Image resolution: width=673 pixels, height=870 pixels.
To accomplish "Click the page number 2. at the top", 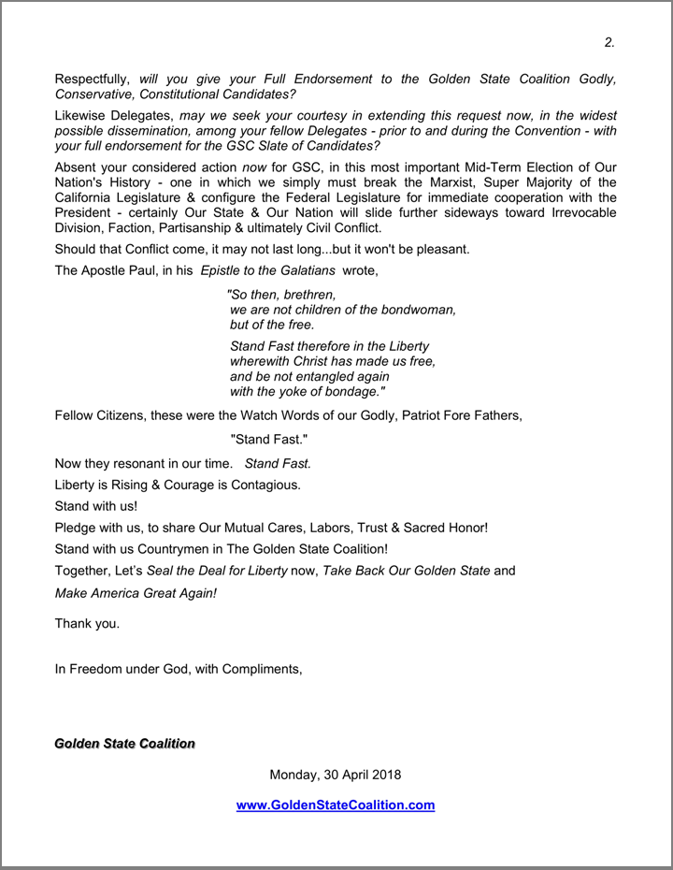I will click(x=609, y=42).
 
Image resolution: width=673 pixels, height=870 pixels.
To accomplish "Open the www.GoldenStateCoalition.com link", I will click(x=336, y=805).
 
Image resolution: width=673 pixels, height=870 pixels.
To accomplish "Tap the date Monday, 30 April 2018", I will click(x=336, y=775).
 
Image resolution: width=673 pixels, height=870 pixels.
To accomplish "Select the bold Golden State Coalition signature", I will click(x=124, y=744).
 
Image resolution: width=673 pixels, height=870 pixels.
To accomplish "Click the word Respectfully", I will click(x=94, y=80).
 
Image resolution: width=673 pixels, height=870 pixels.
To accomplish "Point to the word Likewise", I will click(x=81, y=115).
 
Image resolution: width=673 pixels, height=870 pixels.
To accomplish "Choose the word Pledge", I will click(x=78, y=528).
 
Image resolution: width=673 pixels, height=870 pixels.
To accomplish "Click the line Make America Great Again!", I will click(x=136, y=592).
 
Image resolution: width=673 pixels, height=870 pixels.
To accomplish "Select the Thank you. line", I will click(x=87, y=624).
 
